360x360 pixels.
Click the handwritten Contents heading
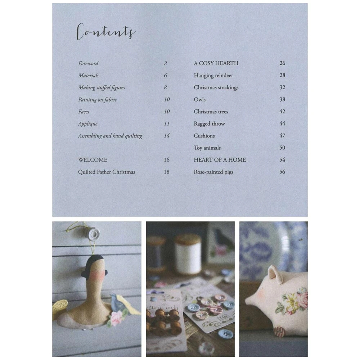(x=106, y=32)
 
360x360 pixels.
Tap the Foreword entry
(x=88, y=63)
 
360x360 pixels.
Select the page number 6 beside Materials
(x=166, y=76)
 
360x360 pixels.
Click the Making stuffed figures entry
(x=102, y=87)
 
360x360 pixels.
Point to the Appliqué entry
(x=88, y=124)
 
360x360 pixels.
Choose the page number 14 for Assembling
(x=167, y=136)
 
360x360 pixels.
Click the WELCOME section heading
(x=93, y=160)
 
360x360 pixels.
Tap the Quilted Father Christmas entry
(x=107, y=172)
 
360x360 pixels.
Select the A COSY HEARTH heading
(x=216, y=63)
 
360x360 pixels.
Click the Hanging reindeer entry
(x=213, y=76)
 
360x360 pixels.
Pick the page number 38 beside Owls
(x=282, y=100)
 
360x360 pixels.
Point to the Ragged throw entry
(x=209, y=124)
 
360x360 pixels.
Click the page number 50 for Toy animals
(x=282, y=148)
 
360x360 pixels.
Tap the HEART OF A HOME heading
(x=220, y=160)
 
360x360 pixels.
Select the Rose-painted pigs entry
(x=213, y=172)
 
